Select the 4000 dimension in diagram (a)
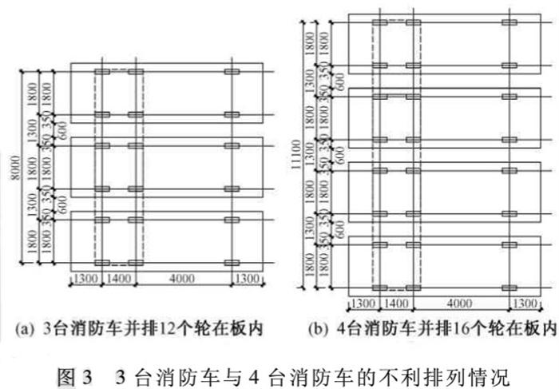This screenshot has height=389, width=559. click(x=182, y=279)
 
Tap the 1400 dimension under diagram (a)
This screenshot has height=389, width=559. click(x=119, y=279)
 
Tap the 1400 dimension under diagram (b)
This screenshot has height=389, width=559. click(x=397, y=304)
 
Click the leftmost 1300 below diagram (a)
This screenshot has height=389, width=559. click(x=85, y=279)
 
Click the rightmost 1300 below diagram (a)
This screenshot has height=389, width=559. click(x=248, y=279)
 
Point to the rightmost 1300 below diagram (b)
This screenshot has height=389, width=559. click(x=525, y=304)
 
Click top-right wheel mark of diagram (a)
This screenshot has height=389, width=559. click(x=232, y=73)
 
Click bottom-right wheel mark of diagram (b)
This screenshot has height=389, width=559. click(x=509, y=287)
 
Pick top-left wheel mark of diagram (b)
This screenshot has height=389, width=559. click(x=380, y=22)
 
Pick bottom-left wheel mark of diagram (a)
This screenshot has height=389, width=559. click(x=102, y=262)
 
